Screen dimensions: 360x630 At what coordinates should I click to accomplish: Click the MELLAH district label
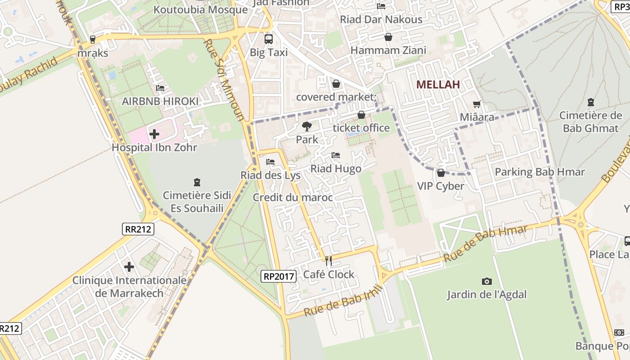[x=438, y=84]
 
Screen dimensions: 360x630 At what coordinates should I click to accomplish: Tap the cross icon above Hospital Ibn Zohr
[x=154, y=134]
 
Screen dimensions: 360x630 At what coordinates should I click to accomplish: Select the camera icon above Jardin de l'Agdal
[x=486, y=282]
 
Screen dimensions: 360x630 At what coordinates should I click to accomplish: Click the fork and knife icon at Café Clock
[x=328, y=261]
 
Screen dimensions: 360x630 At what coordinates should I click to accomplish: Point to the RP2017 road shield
[x=279, y=276]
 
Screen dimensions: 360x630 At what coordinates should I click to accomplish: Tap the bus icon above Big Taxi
[x=269, y=39]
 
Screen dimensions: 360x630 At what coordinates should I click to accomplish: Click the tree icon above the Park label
[x=307, y=126]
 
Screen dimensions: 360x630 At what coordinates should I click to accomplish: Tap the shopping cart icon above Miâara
[x=477, y=104]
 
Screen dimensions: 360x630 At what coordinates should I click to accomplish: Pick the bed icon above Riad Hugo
[x=336, y=156]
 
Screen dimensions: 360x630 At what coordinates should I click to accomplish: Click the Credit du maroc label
[x=292, y=198]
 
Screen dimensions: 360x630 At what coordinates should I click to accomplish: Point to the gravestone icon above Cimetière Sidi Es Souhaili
[x=197, y=182]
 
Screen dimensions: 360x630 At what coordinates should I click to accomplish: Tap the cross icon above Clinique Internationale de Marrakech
[x=129, y=267]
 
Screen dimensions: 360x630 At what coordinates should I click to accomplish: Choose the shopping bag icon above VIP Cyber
[x=441, y=173]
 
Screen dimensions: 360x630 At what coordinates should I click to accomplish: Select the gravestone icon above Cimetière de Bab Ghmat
[x=591, y=102]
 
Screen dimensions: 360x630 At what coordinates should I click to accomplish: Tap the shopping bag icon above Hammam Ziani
[x=388, y=37]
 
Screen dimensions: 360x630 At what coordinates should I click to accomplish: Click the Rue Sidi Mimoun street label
[x=224, y=80]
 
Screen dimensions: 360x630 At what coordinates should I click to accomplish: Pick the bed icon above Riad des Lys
[x=270, y=162]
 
